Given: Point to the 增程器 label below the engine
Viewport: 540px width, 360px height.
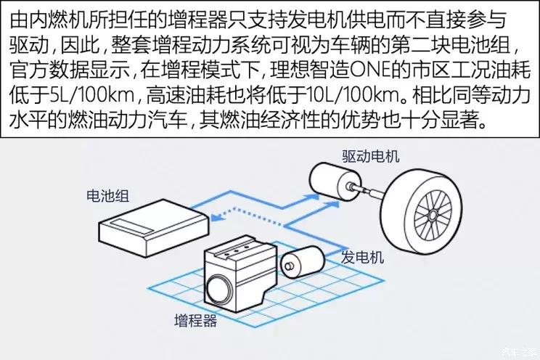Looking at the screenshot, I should [x=195, y=321].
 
